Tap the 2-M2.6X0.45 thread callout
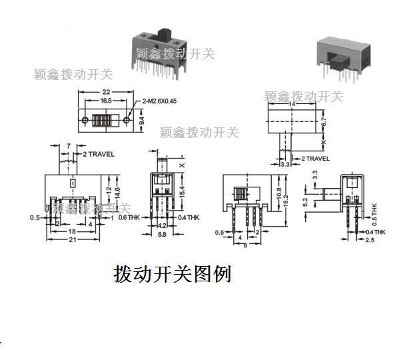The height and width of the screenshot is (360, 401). click(x=164, y=101)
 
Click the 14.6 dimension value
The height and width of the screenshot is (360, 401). click(x=117, y=193)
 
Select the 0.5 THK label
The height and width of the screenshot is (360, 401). click(x=374, y=211)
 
